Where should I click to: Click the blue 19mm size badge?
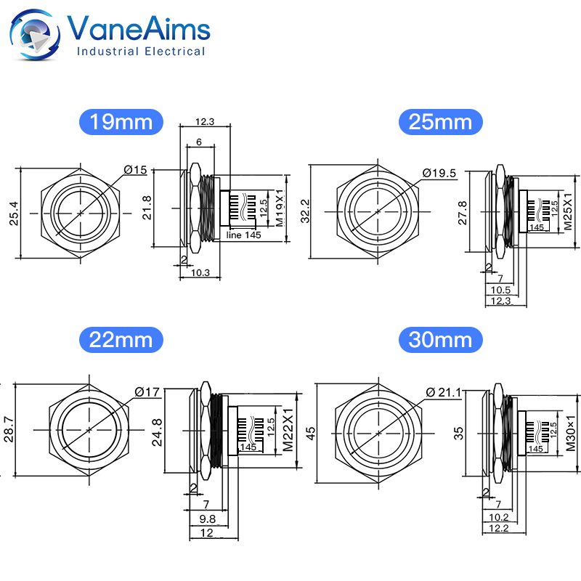(121, 121)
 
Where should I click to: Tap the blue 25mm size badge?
(440, 121)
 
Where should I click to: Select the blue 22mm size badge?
(121, 339)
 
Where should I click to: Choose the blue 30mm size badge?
(440, 339)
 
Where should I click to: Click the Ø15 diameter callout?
(135, 169)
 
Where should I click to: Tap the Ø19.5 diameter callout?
(439, 172)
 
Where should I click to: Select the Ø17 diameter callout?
(146, 392)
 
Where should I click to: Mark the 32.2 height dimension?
(305, 211)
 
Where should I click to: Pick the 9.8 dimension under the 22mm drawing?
(208, 519)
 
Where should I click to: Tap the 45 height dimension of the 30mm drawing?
(312, 431)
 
